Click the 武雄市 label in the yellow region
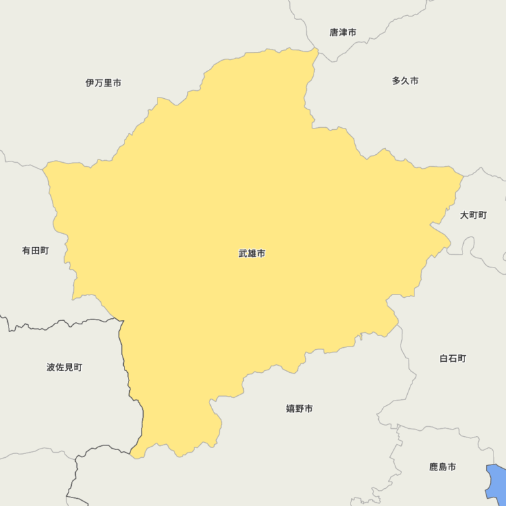[x=252, y=254]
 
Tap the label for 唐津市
[x=343, y=32]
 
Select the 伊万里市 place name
[x=103, y=83]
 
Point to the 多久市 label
[x=405, y=81]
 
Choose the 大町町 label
[x=473, y=215]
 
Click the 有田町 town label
[x=35, y=251]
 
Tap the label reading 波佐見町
[x=65, y=368]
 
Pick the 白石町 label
[x=453, y=359]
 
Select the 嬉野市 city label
[x=299, y=409]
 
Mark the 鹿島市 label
[x=442, y=467]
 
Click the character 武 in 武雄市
[x=243, y=254]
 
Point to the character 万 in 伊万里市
[x=99, y=83]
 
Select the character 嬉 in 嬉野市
[x=291, y=409]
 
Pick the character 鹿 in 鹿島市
[x=434, y=467]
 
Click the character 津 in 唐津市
[x=343, y=32]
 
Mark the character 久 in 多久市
[x=405, y=81]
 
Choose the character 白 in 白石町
[x=444, y=359]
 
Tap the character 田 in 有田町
[x=35, y=251]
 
